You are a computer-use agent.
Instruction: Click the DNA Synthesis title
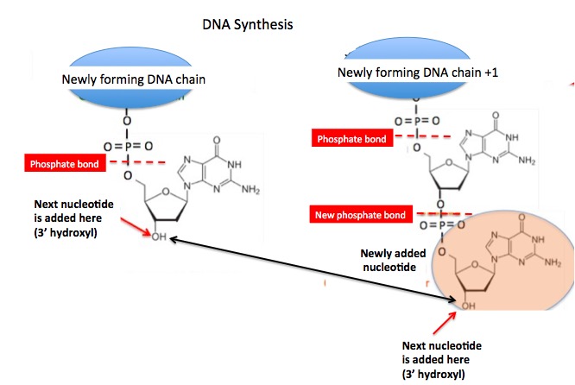[247, 24]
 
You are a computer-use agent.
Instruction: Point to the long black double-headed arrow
[311, 268]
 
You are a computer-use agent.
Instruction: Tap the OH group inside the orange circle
[467, 305]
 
